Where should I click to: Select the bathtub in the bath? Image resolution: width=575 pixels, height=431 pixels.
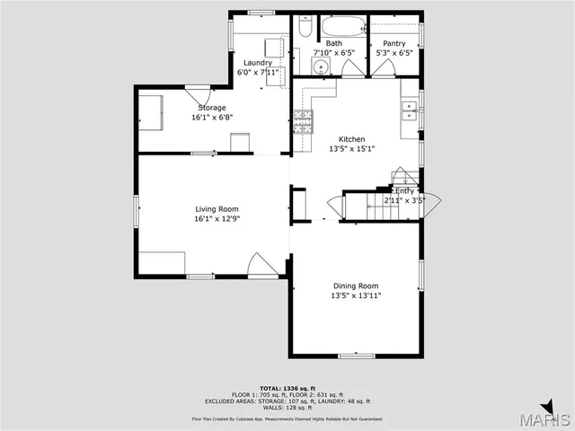tap(342, 25)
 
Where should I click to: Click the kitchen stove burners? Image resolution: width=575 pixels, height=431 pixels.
tap(303, 120)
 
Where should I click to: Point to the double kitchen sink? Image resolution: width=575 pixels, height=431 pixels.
tap(410, 111)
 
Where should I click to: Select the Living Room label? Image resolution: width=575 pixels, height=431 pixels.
tap(217, 208)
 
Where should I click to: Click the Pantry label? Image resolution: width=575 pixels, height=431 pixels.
tap(394, 43)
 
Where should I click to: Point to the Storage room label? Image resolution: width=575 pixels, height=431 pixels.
tap(212, 108)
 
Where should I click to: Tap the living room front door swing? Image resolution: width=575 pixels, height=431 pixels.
tap(260, 264)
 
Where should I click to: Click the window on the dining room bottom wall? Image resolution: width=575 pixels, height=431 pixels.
tap(356, 356)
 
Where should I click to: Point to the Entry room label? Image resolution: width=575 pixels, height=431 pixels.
tap(404, 190)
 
